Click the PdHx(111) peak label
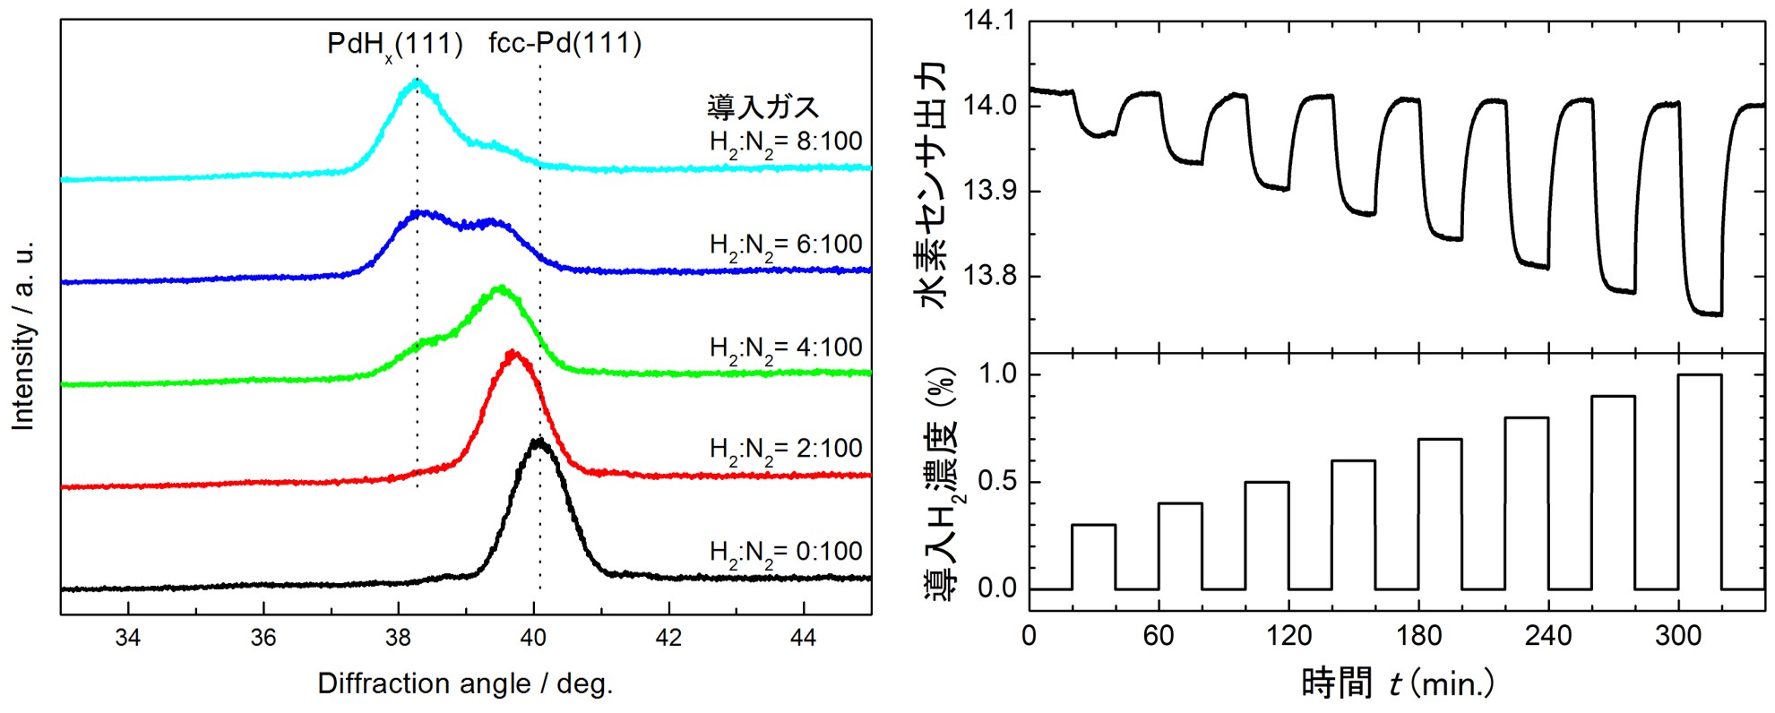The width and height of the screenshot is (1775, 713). [395, 44]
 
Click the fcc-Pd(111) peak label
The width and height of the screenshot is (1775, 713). [564, 43]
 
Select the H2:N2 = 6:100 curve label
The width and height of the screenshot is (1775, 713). [786, 245]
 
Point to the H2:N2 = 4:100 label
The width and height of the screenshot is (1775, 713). [786, 348]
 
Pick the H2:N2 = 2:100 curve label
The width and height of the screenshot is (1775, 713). [786, 449]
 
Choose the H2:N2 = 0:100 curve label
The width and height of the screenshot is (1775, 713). [786, 552]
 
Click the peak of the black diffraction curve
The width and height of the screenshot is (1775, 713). [538, 441]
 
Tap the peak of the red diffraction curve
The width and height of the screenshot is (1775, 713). [513, 353]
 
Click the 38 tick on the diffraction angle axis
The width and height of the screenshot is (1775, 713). [398, 637]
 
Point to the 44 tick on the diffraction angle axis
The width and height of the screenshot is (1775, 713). [804, 637]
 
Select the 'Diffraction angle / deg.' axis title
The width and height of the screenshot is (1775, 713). [465, 684]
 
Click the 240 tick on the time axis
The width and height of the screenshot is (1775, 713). [1548, 636]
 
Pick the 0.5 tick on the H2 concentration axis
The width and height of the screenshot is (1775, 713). [997, 482]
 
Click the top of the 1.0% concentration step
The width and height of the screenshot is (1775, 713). [1700, 374]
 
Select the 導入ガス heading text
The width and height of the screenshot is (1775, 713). [763, 107]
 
